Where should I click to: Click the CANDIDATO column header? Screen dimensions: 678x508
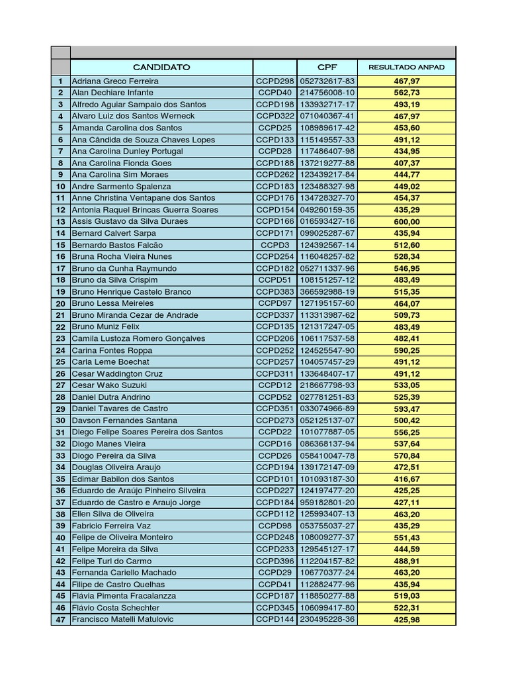click(x=161, y=67)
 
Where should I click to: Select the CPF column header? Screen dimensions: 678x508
click(x=327, y=67)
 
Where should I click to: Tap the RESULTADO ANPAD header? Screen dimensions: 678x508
click(x=406, y=67)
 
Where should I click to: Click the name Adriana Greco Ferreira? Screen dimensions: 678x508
click(x=115, y=81)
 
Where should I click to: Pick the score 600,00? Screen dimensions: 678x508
click(x=406, y=221)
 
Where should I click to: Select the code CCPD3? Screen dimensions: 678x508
click(x=275, y=245)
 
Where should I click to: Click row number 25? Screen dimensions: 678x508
click(x=60, y=362)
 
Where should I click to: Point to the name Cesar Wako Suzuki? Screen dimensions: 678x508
click(x=109, y=385)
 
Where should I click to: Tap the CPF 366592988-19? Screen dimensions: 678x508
click(x=327, y=292)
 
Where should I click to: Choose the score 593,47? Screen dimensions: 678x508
click(x=406, y=409)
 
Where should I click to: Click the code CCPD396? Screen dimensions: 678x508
click(x=275, y=561)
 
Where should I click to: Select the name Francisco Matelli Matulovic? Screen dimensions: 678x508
click(x=122, y=620)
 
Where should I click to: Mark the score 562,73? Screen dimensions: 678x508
click(x=406, y=93)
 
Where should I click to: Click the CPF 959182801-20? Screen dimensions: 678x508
click(x=327, y=503)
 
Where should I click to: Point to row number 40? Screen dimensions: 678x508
click(x=60, y=538)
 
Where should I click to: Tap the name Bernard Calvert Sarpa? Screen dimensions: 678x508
click(x=114, y=233)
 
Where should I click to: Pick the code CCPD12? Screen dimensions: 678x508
click(x=275, y=385)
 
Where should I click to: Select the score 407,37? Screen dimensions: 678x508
click(x=406, y=163)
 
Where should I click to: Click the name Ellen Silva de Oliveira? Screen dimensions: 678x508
click(x=112, y=514)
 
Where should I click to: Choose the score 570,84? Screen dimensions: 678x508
click(x=406, y=456)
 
